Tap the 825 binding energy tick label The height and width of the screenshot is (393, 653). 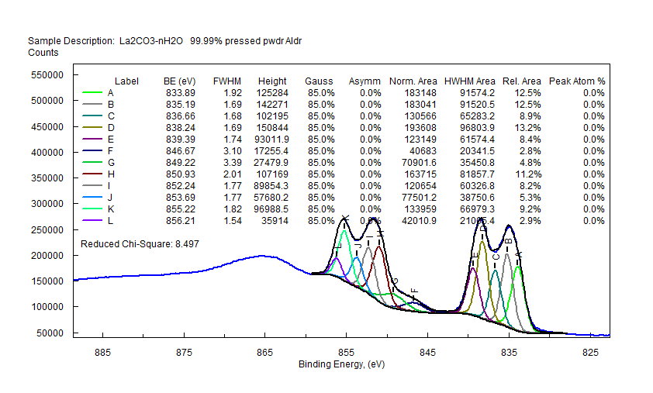590,351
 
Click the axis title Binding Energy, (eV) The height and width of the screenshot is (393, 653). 341,364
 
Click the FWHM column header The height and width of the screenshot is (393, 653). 226,81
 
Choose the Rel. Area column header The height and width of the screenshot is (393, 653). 521,81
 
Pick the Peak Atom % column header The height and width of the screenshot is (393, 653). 577,81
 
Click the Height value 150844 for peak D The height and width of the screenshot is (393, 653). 271,128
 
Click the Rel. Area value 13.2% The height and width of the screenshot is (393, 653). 527,128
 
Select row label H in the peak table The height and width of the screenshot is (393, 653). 111,174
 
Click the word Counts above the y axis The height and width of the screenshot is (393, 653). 43,53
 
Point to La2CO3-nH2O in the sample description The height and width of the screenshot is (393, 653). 150,40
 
